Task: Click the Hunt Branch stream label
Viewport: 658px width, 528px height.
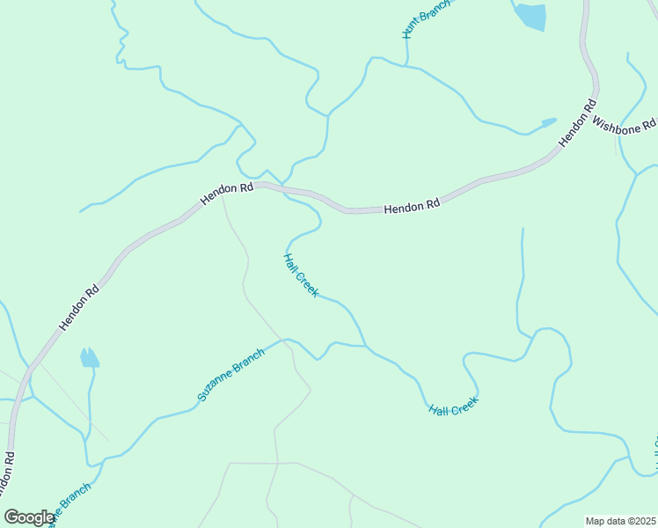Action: [425, 18]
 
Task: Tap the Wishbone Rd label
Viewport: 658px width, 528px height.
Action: [624, 124]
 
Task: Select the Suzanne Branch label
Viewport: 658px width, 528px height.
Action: [230, 376]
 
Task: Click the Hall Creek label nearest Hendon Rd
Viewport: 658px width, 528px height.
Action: [301, 275]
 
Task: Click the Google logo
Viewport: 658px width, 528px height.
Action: [29, 517]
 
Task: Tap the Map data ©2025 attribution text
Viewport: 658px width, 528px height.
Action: [620, 521]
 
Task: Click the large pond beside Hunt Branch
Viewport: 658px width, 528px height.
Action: [530, 16]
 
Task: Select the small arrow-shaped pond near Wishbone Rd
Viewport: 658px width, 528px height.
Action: [548, 121]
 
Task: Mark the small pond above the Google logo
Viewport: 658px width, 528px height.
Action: [89, 357]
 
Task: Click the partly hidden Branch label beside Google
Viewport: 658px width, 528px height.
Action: [70, 504]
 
